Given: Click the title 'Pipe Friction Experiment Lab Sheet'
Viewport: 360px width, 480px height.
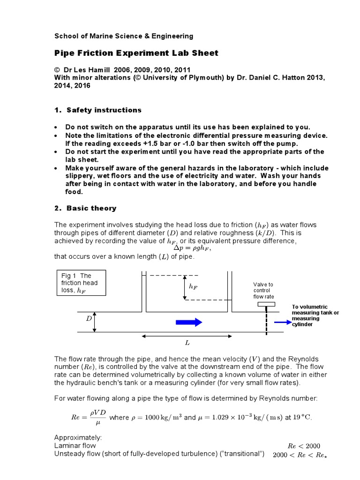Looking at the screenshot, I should point(136,53).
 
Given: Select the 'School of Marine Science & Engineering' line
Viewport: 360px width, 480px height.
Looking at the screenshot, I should point(124,36).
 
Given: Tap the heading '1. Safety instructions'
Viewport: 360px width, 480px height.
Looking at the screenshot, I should point(98,110).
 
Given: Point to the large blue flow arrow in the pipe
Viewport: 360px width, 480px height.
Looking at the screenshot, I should point(189,322).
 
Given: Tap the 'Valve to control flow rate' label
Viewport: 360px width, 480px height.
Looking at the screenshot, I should point(263,291).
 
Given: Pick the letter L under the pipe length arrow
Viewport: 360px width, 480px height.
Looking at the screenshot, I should point(187,343).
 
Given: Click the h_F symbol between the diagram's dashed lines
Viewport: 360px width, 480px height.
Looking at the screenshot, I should point(193,286).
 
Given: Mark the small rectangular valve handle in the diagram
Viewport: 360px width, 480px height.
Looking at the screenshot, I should point(265,304).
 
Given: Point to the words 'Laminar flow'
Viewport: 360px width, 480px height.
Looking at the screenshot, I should point(75,446).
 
